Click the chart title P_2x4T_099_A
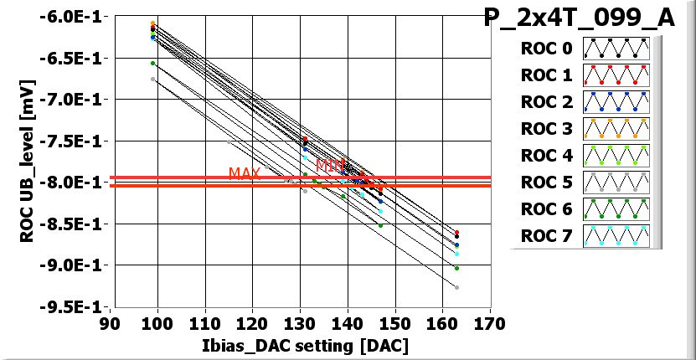[579, 18]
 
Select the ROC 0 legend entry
[546, 49]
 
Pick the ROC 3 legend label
[546, 129]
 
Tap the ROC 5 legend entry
[546, 183]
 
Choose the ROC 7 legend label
[546, 236]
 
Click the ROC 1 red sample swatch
[616, 75]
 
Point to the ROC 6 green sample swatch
[616, 209]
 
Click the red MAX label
[245, 173]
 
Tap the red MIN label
[331, 164]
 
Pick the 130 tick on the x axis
[299, 323]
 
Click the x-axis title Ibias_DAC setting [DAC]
[304, 345]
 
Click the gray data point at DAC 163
[456, 287]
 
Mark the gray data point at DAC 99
[152, 80]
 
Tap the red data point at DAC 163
[456, 233]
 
